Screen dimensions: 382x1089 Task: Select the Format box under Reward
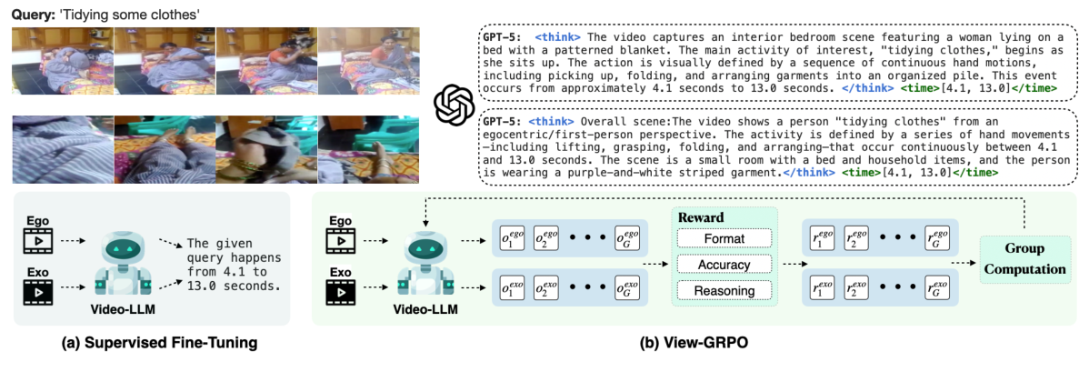pos(724,238)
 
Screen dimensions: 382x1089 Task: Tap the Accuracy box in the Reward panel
pos(724,264)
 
